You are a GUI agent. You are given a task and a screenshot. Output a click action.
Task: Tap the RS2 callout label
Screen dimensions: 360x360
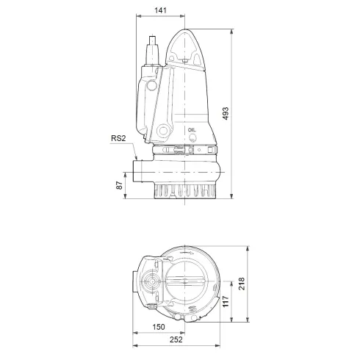[x=119, y=137]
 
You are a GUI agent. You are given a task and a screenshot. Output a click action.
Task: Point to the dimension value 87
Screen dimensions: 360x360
[x=120, y=186]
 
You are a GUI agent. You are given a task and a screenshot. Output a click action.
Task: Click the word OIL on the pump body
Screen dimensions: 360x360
[x=192, y=129]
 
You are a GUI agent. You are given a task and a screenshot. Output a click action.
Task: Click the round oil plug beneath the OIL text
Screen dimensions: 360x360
[x=192, y=137]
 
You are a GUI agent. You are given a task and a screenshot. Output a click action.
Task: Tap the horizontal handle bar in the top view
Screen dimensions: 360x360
[x=187, y=283]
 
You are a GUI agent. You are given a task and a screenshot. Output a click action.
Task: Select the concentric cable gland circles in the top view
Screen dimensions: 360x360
[x=154, y=283]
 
